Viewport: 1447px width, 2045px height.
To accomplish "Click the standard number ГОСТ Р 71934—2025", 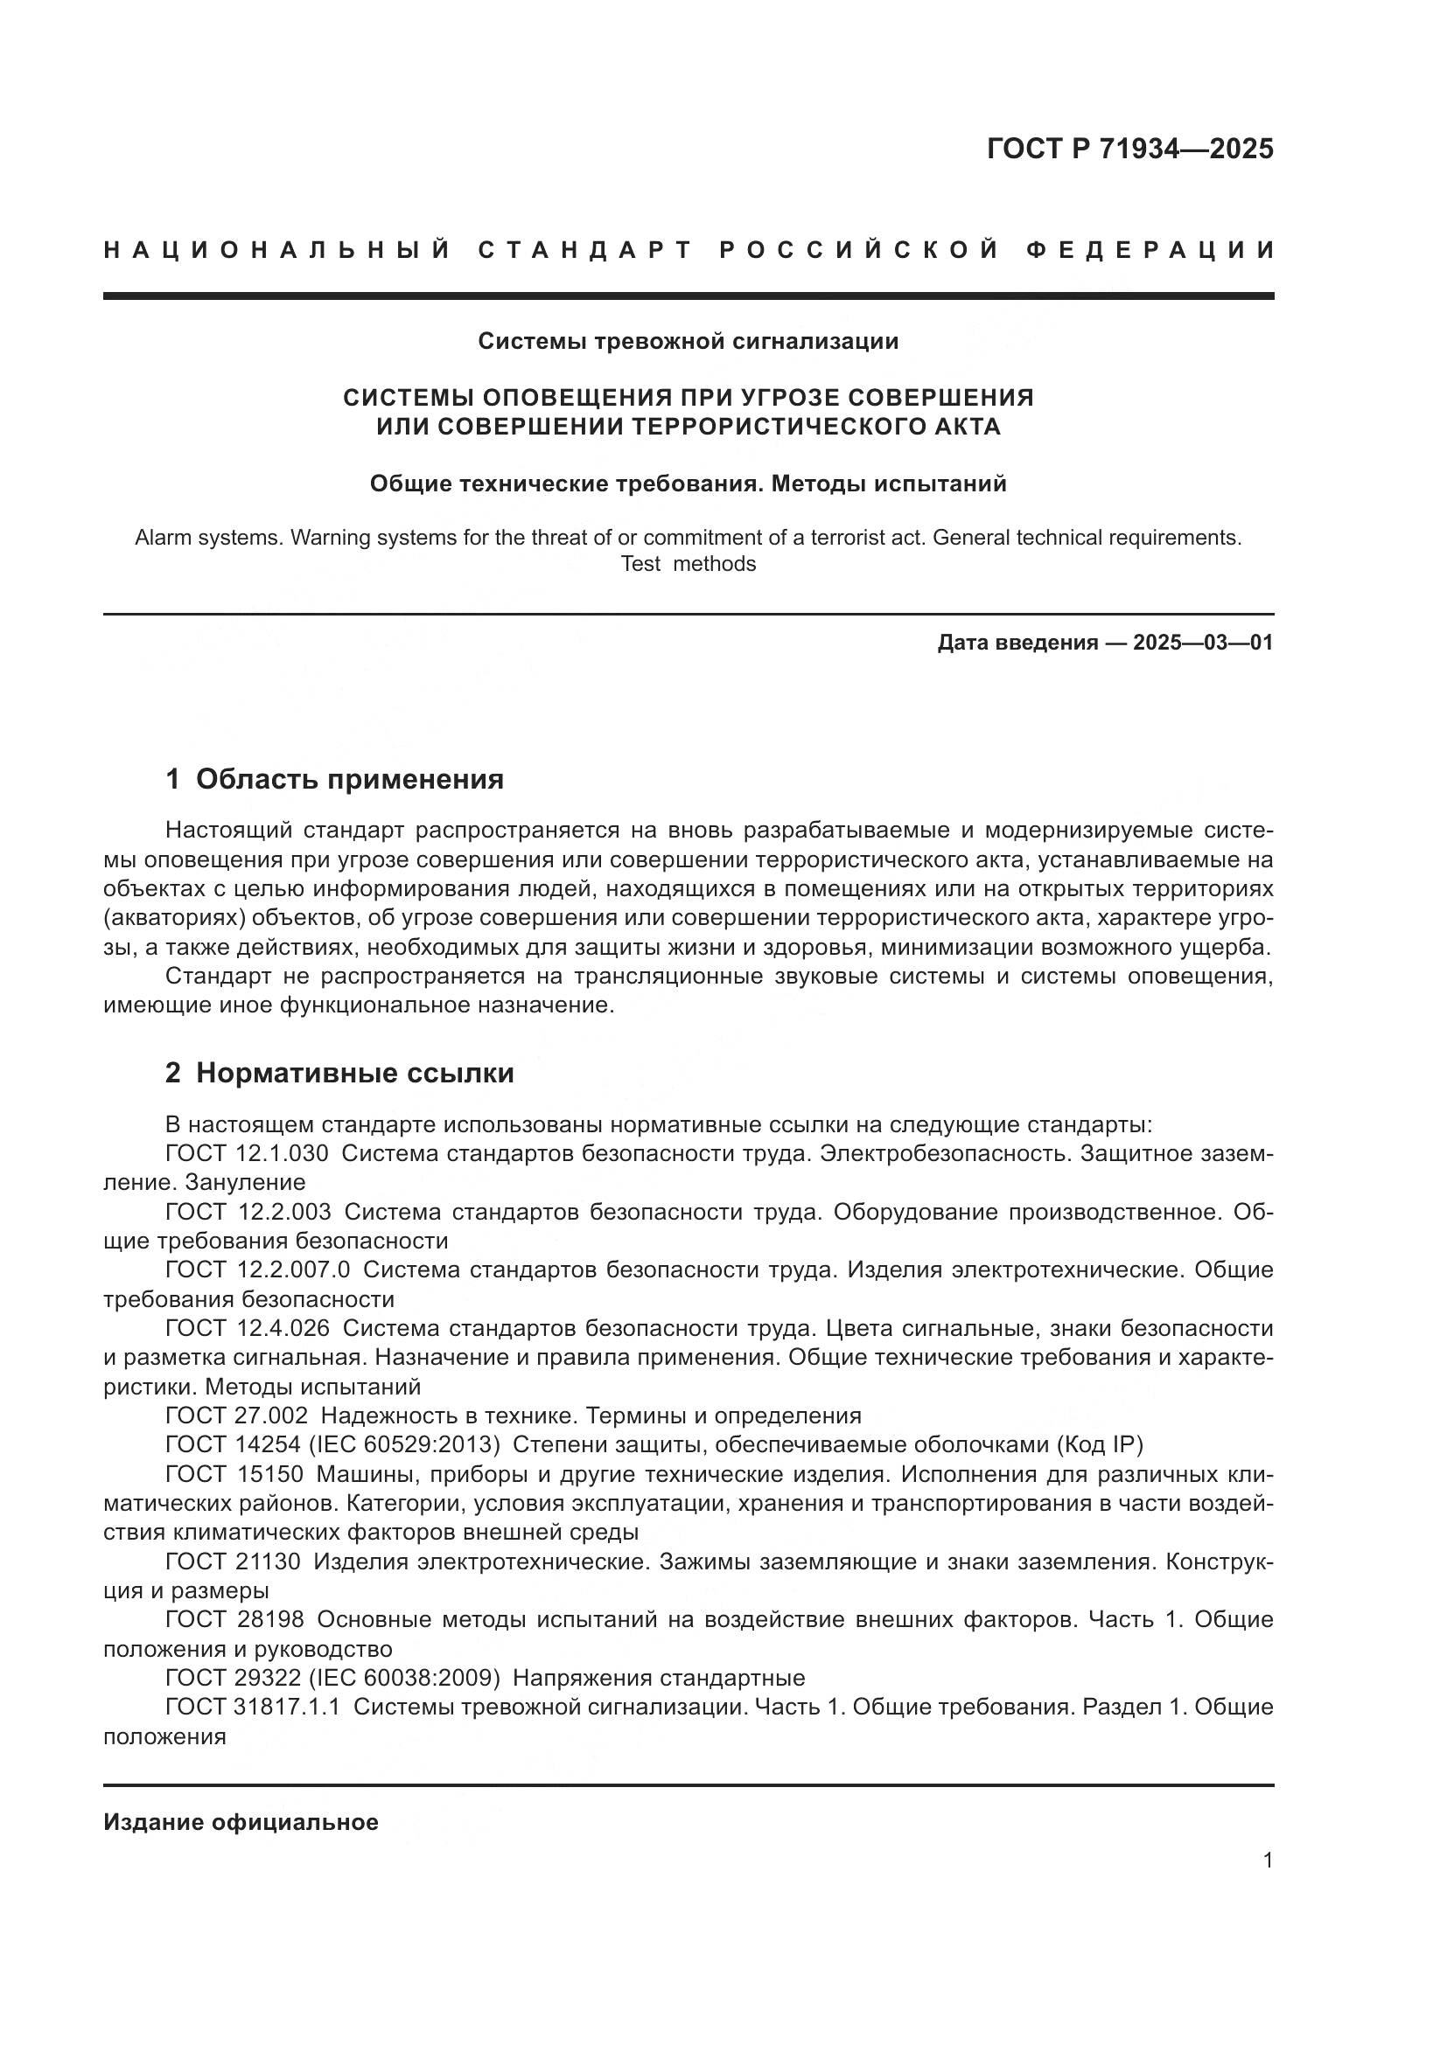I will tap(1129, 149).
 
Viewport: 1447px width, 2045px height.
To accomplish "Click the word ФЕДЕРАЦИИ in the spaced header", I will tap(1150, 250).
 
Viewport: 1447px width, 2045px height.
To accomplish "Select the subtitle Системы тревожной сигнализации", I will tap(688, 341).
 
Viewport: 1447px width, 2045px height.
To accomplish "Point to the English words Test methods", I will tap(688, 564).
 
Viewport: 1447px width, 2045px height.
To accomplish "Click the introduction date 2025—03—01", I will tap(1203, 643).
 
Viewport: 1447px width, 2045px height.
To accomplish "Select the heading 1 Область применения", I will tap(334, 779).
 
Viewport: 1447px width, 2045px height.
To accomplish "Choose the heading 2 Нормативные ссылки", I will tap(339, 1074).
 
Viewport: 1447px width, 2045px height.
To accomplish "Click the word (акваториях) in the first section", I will tap(174, 918).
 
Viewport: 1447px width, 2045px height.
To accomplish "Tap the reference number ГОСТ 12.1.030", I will tap(247, 1153).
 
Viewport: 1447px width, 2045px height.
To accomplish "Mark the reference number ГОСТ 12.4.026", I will tap(247, 1329).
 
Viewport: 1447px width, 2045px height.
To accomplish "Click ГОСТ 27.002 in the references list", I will tap(237, 1416).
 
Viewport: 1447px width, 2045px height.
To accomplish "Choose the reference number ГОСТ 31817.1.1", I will tap(253, 1708).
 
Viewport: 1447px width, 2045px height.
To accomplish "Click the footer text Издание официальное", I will tap(241, 1823).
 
